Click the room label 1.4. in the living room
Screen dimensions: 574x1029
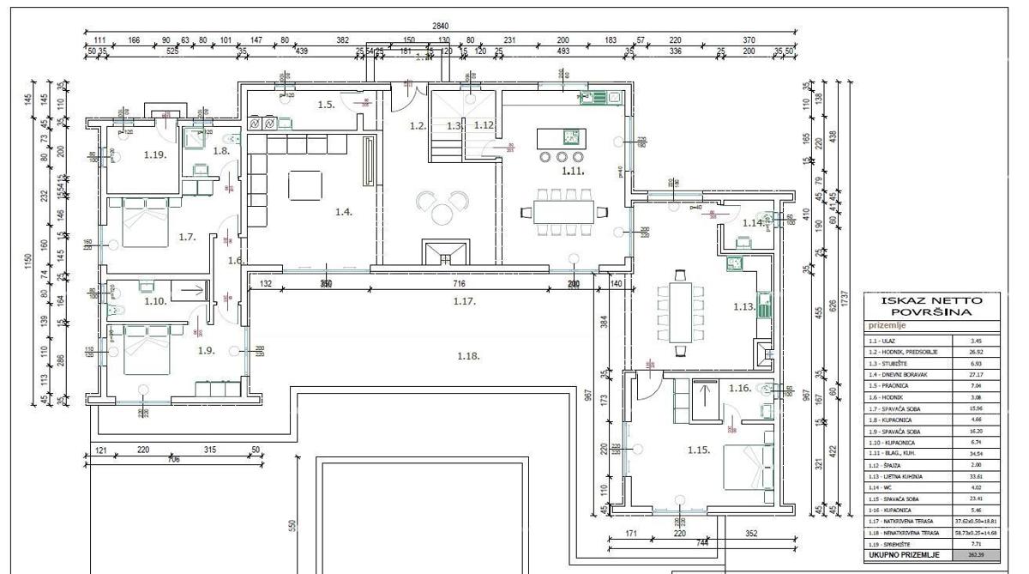(344, 211)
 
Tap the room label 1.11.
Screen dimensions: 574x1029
(572, 172)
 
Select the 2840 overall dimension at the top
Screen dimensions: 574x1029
(441, 26)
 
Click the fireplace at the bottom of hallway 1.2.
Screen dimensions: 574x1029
(444, 252)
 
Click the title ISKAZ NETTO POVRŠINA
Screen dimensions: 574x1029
(932, 307)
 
